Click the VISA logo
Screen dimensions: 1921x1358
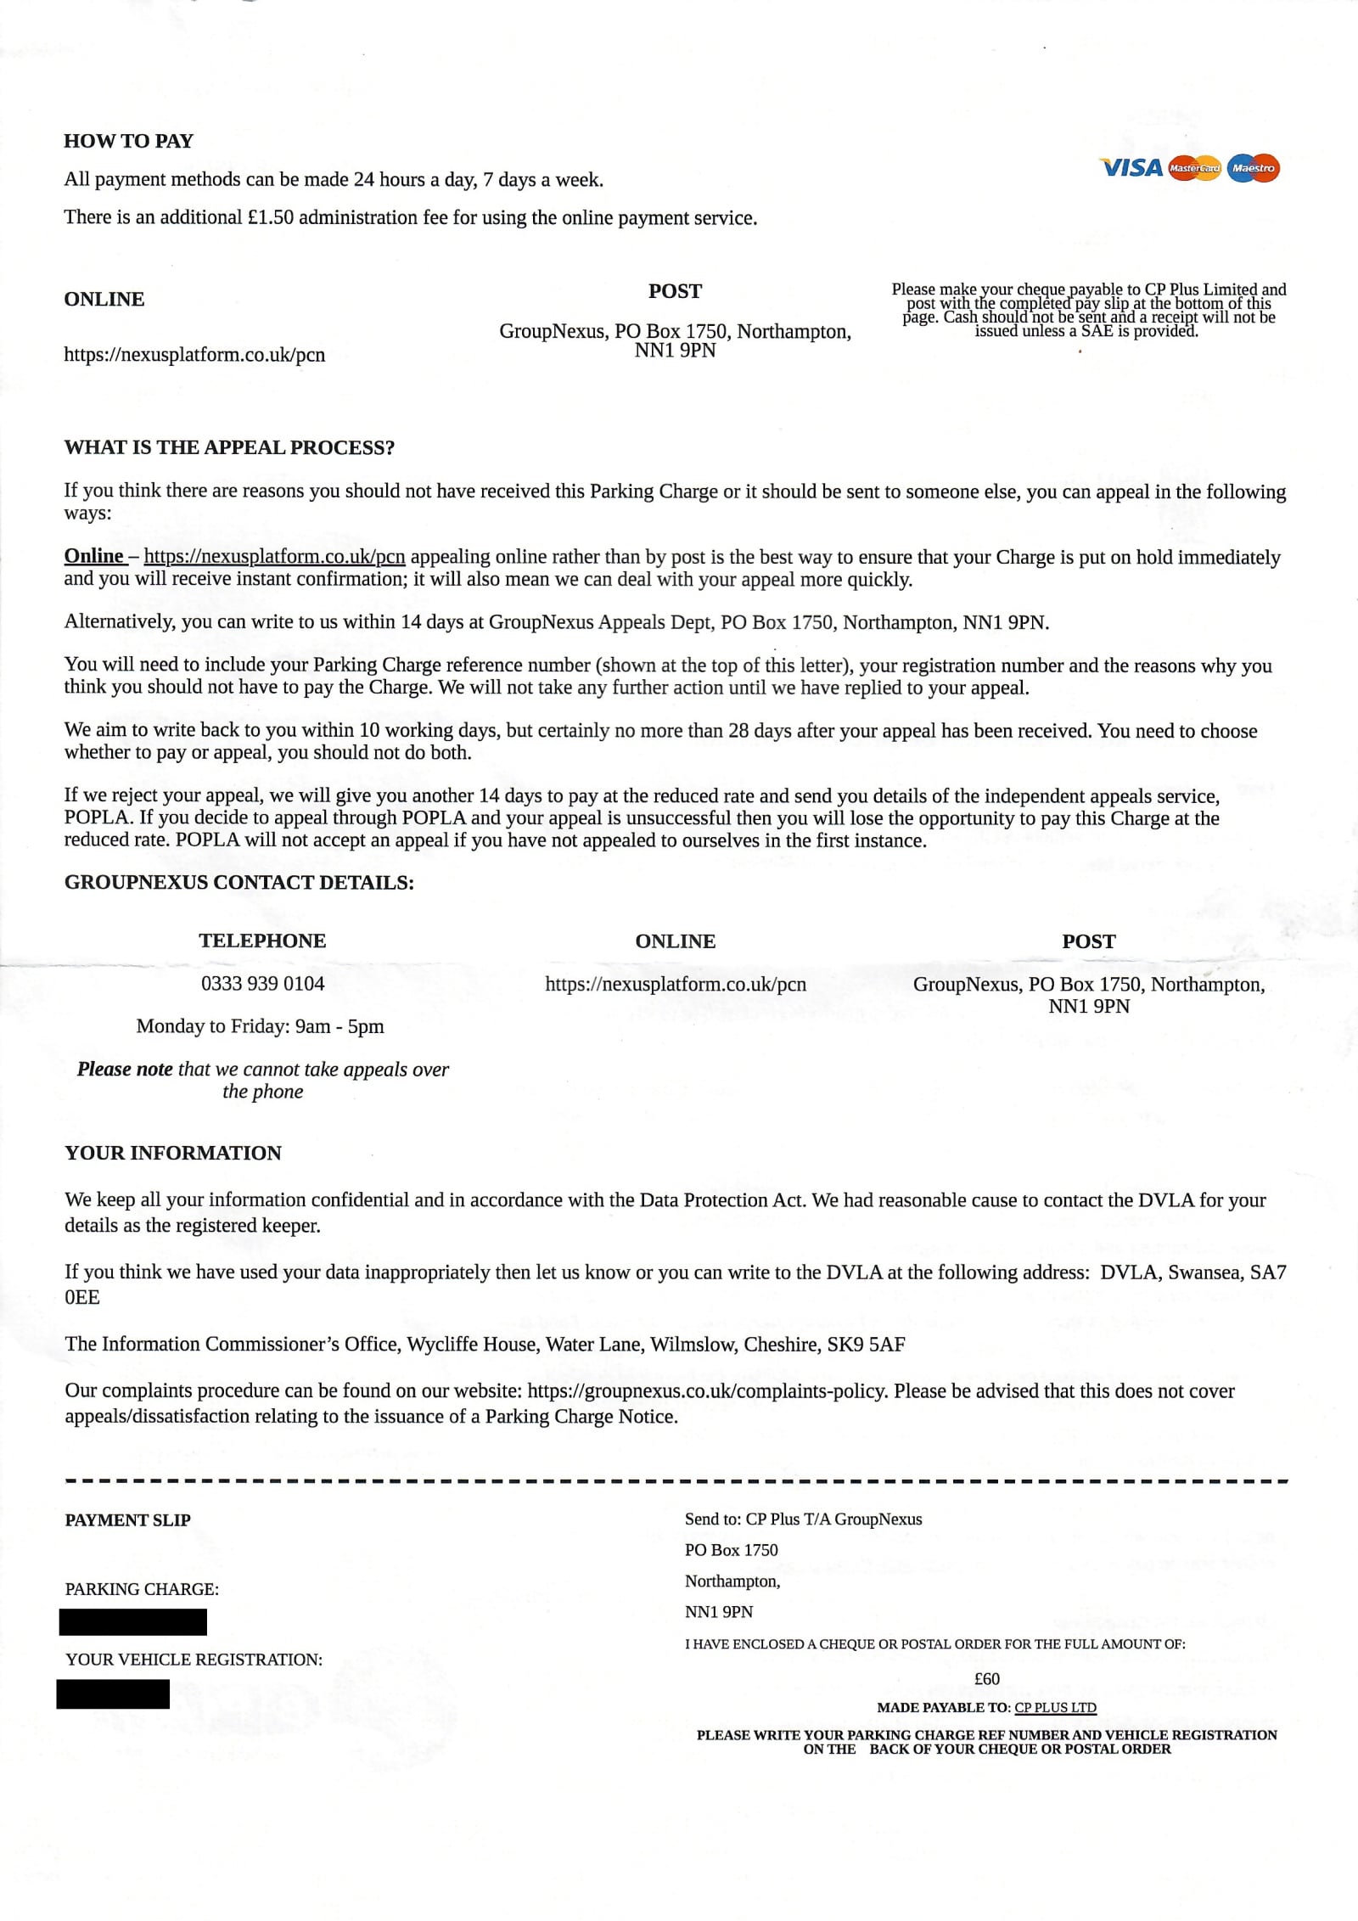[1131, 168]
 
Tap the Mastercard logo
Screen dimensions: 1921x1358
[1194, 168]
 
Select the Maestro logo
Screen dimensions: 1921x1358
[1253, 168]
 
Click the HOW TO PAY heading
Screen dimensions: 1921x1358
[128, 141]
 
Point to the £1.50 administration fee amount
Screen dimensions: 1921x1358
[270, 217]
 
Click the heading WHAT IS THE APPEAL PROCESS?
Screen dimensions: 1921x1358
[229, 448]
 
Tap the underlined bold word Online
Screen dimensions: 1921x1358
[94, 556]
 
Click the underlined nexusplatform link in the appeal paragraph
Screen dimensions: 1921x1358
[274, 557]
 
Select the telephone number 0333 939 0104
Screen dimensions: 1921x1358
[262, 984]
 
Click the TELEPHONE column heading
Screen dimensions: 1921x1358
[262, 941]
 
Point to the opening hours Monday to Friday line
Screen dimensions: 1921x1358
[260, 1026]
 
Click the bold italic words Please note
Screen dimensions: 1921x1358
[125, 1069]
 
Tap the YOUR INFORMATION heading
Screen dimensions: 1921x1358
[173, 1153]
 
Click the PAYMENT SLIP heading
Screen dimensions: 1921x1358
[127, 1520]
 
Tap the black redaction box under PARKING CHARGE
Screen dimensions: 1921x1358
[133, 1622]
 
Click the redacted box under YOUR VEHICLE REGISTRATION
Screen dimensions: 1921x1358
[113, 1694]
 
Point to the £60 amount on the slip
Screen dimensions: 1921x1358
[986, 1679]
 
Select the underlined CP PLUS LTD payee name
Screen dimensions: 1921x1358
[1055, 1708]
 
